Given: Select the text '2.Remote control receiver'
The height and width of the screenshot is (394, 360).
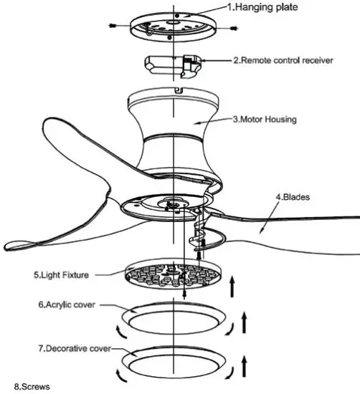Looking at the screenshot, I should coord(283,61).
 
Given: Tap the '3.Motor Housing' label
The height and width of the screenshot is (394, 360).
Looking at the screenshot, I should coord(271,119).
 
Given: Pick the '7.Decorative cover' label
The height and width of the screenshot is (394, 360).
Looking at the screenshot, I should coord(77,349).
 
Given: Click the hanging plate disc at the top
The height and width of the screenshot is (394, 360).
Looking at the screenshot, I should coord(174,25).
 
